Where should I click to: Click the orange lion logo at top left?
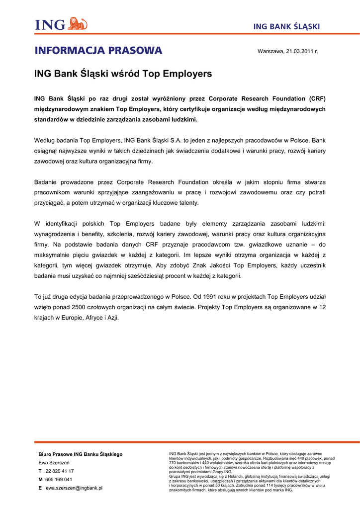click(x=77, y=23)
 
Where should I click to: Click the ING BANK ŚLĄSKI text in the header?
click(x=286, y=26)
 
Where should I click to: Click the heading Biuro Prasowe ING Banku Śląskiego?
click(x=81, y=454)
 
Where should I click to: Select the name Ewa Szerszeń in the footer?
click(x=54, y=463)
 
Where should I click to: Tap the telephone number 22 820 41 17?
click(x=60, y=471)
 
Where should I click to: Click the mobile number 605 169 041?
click(x=59, y=480)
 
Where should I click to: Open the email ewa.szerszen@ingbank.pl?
click(x=74, y=488)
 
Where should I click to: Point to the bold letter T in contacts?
click(x=40, y=471)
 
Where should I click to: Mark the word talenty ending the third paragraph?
click(x=187, y=203)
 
